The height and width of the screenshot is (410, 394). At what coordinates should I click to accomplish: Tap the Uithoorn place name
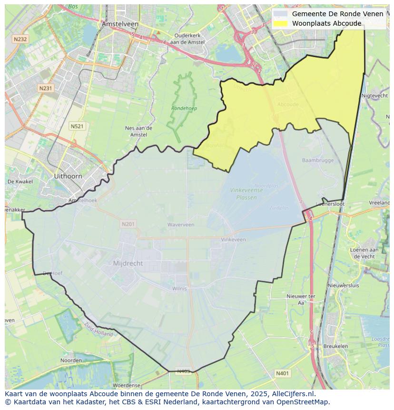point(68,176)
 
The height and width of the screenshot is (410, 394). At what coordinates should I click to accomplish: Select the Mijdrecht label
point(128,263)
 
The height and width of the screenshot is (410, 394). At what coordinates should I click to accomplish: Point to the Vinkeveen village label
point(233,240)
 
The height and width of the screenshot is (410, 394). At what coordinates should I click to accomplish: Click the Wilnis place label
point(180,289)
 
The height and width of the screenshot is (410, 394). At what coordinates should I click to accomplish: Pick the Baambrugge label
point(317,160)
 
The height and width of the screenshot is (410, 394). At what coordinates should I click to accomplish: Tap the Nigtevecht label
point(375,96)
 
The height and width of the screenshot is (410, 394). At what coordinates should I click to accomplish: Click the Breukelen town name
point(335,347)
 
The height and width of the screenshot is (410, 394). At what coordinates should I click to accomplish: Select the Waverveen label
point(181,225)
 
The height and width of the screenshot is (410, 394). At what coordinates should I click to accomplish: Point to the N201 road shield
point(128,224)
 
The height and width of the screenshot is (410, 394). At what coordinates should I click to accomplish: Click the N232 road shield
point(20,39)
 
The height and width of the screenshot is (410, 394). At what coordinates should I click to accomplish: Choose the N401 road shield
point(282,374)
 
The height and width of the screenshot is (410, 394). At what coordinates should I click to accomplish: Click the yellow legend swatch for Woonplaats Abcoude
point(281,23)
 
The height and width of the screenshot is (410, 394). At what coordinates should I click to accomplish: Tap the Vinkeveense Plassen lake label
point(243,193)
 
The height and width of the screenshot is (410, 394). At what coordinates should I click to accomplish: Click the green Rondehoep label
point(184,109)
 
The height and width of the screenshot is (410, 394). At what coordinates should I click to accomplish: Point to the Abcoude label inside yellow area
point(287,104)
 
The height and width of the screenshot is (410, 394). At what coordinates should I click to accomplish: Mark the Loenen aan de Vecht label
point(364,253)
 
